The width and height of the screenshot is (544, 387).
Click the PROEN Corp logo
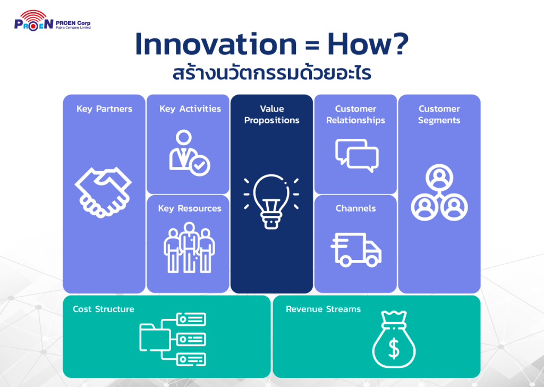53,21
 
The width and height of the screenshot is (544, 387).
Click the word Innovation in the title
216,44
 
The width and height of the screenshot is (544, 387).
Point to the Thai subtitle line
272,73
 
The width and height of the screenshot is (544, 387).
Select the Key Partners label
104,109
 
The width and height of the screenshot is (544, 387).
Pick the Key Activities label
190,109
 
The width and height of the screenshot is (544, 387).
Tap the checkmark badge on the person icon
200,165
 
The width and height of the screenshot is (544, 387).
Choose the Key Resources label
190,208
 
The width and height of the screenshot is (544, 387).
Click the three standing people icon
189,248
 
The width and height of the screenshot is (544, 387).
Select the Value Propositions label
271,114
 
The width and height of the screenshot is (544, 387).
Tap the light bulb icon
271,201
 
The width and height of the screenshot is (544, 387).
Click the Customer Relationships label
355,114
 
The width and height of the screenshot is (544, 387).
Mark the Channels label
355,208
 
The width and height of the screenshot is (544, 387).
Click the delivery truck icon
356,249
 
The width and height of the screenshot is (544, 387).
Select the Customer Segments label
439,114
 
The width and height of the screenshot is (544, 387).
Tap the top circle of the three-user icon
439,177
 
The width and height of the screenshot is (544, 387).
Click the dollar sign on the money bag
394,349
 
